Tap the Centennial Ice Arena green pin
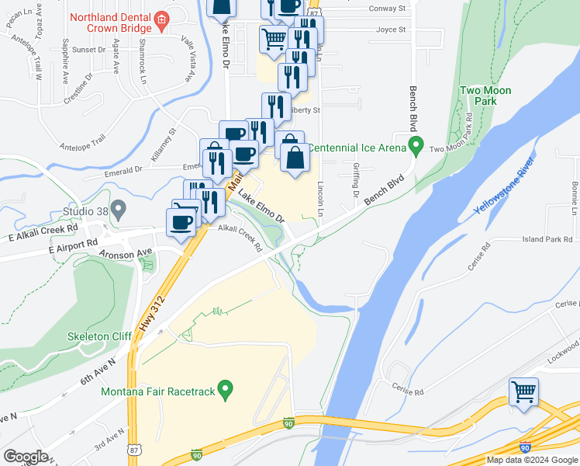pos(416,145)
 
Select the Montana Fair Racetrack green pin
pos(226,388)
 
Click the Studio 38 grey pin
pos(118,209)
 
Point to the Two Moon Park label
pos(485,96)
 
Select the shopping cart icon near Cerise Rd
pos(524,392)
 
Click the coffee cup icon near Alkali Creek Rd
pos(182,222)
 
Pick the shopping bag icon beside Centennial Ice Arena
pos(295,158)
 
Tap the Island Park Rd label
pos(547,239)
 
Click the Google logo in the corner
pos(26,457)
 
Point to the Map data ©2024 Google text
pos(532,460)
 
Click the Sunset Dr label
pos(88,49)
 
